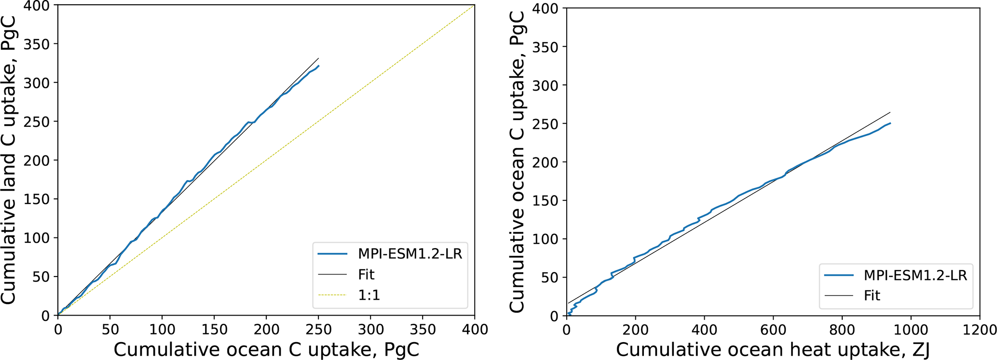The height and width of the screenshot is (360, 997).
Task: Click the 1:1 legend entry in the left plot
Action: pyautogui.click(x=369, y=295)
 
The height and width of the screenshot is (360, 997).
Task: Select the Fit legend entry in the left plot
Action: pyautogui.click(x=366, y=275)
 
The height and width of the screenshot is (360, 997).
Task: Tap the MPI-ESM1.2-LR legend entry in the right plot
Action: pyautogui.click(x=915, y=275)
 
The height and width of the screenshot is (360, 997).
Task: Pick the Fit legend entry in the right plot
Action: pyautogui.click(x=872, y=295)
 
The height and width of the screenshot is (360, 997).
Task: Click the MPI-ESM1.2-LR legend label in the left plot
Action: pyautogui.click(x=410, y=254)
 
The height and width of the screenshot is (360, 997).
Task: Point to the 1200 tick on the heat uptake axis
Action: pyautogui.click(x=979, y=330)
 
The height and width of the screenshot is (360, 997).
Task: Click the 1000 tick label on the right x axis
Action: pyautogui.click(x=911, y=330)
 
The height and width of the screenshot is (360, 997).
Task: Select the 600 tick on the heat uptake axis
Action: pyautogui.click(x=773, y=330)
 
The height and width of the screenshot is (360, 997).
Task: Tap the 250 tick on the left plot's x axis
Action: pyautogui.click(x=318, y=330)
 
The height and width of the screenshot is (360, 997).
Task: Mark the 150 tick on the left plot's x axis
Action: pyautogui.click(x=214, y=330)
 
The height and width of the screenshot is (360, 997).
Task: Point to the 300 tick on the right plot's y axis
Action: pyautogui.click(x=546, y=85)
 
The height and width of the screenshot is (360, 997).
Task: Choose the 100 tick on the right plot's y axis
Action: pyautogui.click(x=546, y=239)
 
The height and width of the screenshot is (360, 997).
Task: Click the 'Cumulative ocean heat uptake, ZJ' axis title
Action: pyautogui.click(x=773, y=350)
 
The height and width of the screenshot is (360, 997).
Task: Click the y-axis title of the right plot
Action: pyautogui.click(x=517, y=162)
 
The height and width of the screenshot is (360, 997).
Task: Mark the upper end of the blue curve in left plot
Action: pyautogui.click(x=319, y=66)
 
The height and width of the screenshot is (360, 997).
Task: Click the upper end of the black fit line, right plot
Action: pyautogui.click(x=890, y=112)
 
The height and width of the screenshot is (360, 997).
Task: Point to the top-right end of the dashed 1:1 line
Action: pyautogui.click(x=474, y=6)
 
